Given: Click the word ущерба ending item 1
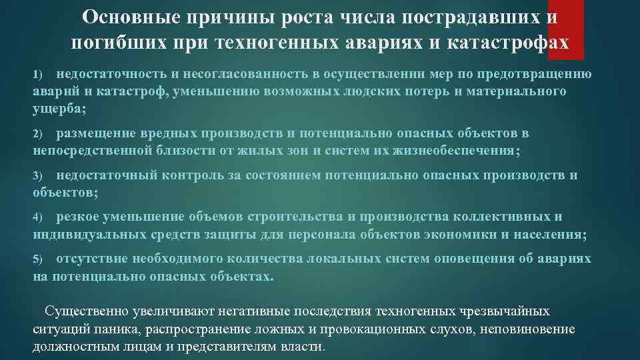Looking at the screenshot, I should [x=58, y=108].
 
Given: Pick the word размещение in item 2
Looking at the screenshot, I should [x=96, y=133].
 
